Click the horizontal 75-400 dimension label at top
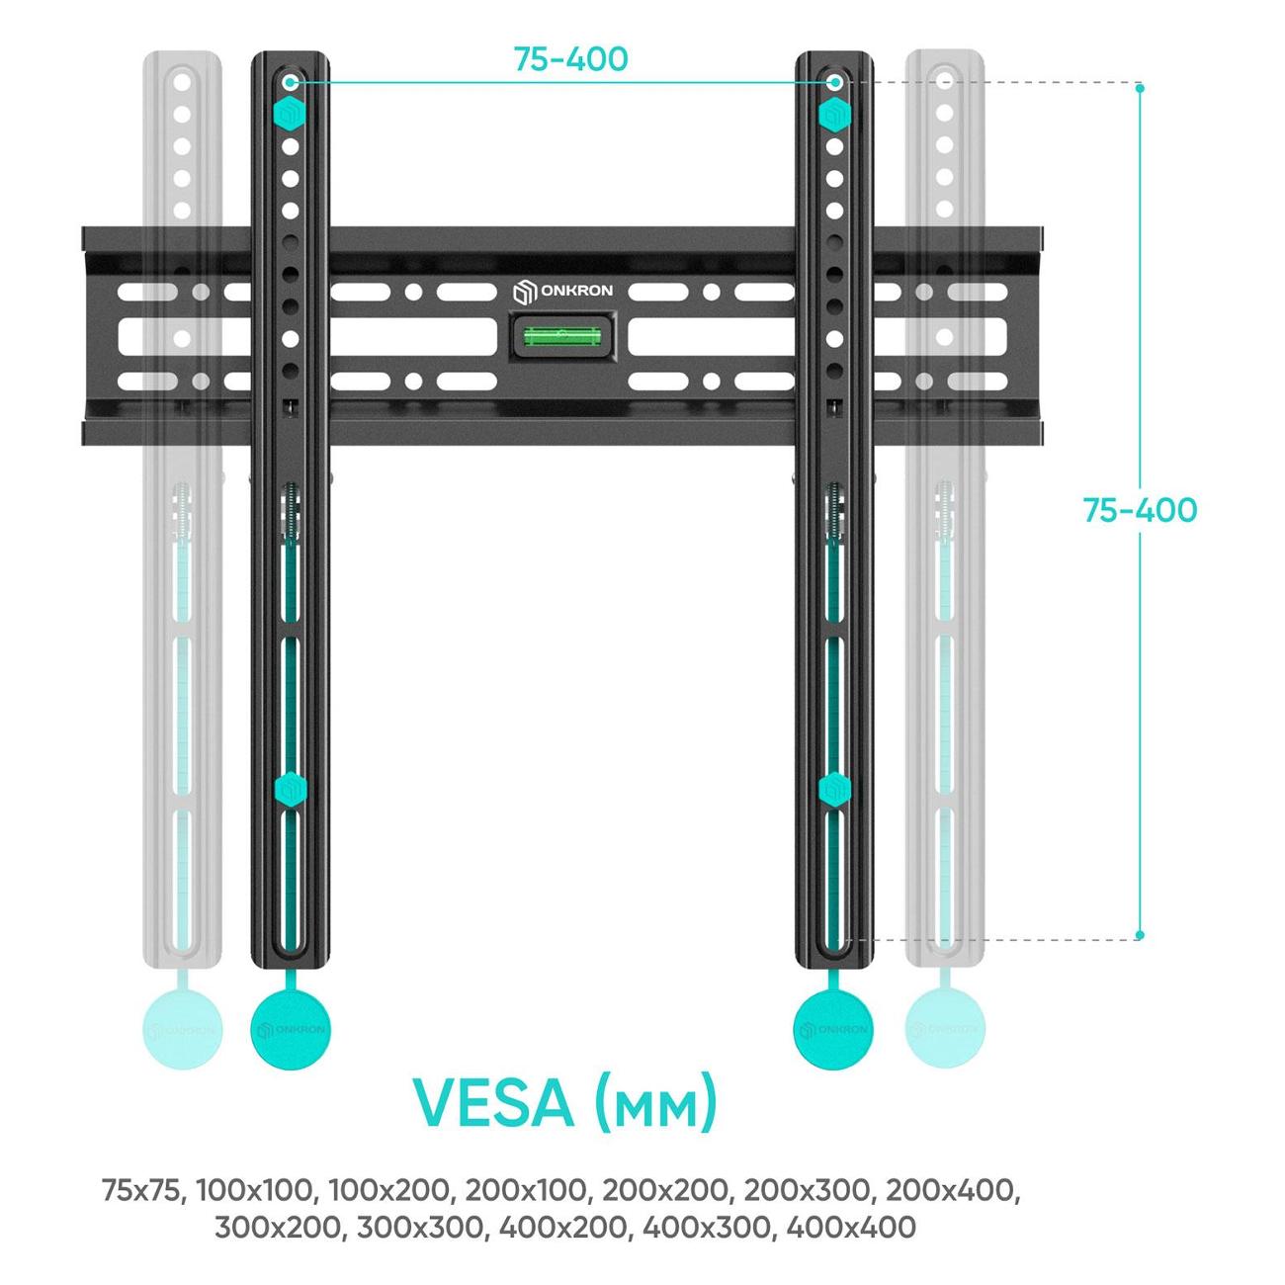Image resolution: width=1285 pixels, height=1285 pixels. point(570,59)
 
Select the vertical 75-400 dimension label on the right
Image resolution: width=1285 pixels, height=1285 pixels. point(1139,510)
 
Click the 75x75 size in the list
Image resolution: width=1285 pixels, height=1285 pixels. point(141,1190)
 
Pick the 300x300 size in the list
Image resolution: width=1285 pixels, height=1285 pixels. point(424,1228)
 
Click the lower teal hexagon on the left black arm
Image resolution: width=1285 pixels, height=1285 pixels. point(291,789)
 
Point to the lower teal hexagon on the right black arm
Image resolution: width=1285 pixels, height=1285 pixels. point(834,789)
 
